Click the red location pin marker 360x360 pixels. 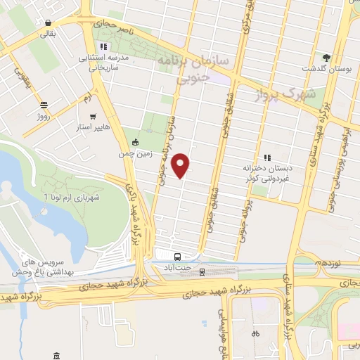click(x=181, y=165)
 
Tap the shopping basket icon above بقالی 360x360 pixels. click(x=48, y=22)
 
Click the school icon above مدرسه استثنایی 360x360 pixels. click(x=104, y=47)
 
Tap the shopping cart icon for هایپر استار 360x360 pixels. click(x=93, y=115)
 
